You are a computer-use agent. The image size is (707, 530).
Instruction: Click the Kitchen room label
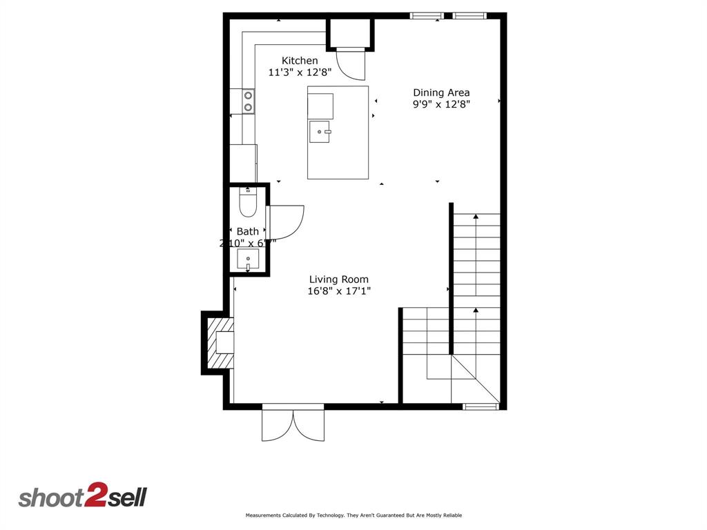(300, 61)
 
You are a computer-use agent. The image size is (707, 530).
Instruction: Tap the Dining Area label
(441, 92)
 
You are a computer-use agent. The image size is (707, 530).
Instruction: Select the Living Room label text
(338, 279)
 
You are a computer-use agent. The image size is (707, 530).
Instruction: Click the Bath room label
(247, 232)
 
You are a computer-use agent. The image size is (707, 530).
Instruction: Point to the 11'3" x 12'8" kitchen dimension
(300, 72)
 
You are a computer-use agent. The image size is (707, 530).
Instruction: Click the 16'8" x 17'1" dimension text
(339, 291)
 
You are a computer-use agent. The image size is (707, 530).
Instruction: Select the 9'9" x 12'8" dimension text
(441, 104)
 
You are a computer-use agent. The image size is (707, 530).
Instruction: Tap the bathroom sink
(247, 260)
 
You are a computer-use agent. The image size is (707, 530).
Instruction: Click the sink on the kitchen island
(320, 130)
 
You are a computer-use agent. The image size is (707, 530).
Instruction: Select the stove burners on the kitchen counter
(248, 101)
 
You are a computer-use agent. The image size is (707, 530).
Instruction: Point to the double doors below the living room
(293, 424)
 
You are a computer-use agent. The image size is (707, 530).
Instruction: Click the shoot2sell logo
(82, 498)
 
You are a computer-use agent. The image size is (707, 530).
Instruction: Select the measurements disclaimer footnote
(353, 516)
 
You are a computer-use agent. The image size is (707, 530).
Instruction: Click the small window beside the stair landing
(481, 406)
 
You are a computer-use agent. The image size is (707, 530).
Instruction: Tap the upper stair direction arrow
(476, 218)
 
